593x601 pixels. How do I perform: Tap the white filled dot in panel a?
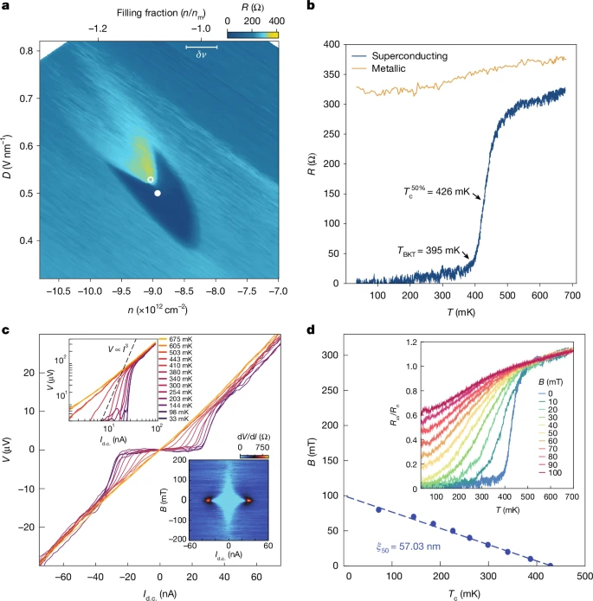pyautogui.click(x=157, y=193)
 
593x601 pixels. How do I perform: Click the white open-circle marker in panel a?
pyautogui.click(x=151, y=180)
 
